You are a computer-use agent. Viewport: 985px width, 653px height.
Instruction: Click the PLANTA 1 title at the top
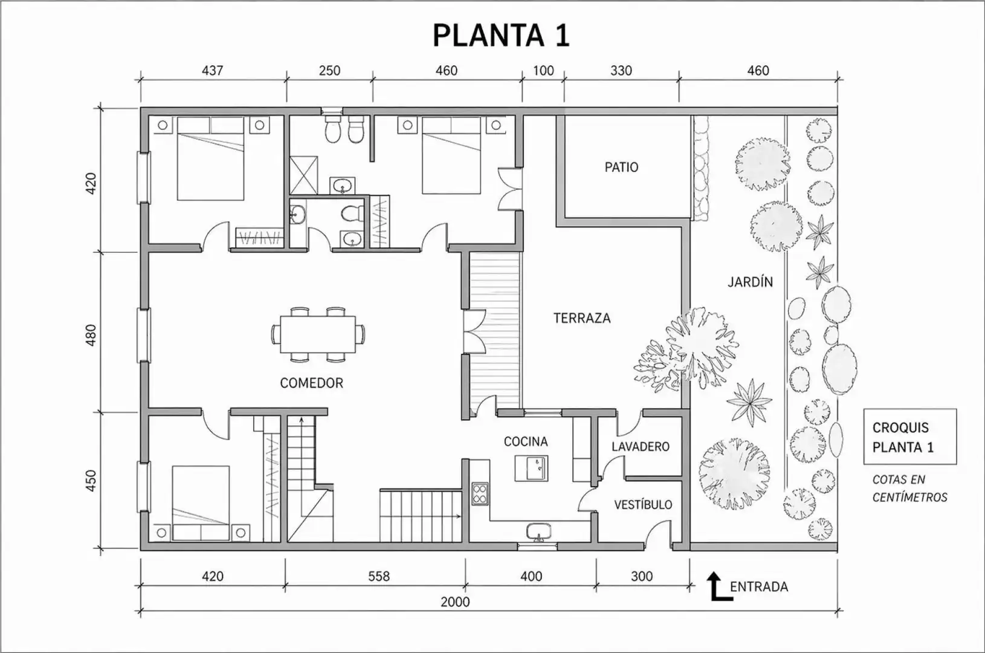point(502,35)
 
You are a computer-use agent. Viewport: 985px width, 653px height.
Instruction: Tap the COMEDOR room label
point(311,383)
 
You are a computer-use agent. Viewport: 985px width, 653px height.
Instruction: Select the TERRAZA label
point(582,318)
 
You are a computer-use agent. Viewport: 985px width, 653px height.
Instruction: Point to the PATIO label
point(621,167)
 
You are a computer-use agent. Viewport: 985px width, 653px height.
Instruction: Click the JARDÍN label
point(750,281)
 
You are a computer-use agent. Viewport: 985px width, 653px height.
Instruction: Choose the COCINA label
point(526,441)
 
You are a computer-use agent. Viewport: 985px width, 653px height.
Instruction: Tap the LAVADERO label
point(641,447)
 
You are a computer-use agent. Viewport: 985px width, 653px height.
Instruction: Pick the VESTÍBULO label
point(643,504)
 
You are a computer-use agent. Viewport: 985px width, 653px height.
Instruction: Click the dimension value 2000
point(455,602)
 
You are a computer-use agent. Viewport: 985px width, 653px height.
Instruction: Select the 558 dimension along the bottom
point(379,576)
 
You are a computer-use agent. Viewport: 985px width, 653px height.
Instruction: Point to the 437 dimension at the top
point(212,70)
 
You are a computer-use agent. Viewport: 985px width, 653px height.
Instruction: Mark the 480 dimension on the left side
point(90,335)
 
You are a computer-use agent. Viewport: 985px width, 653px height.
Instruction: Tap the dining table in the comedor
point(318,334)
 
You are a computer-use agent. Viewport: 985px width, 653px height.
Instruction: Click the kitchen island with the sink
point(531,468)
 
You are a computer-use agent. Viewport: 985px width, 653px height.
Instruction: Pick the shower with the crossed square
point(303,175)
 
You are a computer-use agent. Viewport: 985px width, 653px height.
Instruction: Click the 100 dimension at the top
point(543,70)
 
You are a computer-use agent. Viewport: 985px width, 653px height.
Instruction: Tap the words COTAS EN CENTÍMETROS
point(909,489)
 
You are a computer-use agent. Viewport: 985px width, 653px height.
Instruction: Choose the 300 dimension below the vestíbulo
point(642,576)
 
